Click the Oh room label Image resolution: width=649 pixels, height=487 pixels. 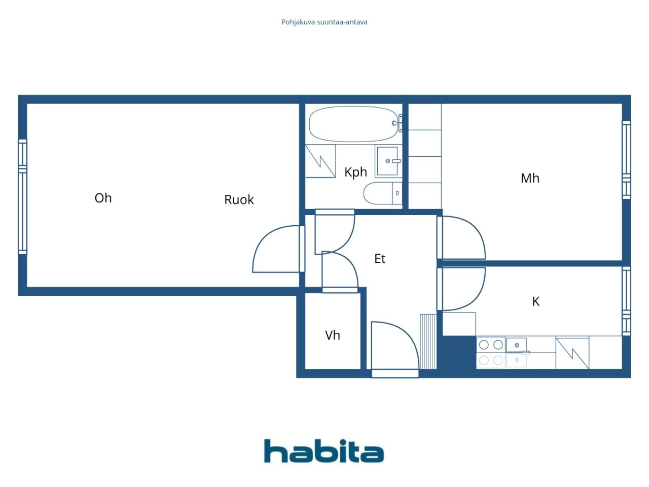click(103, 198)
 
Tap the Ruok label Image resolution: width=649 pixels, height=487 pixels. click(239, 199)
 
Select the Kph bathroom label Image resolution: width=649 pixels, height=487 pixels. click(356, 172)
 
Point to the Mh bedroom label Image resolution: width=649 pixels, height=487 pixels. click(530, 178)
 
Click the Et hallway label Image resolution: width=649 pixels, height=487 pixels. click(380, 258)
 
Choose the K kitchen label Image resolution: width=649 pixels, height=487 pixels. click(536, 301)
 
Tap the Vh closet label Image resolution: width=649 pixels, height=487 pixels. click(333, 335)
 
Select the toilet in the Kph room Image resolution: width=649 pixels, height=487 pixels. click(383, 193)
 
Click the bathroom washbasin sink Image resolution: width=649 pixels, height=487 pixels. click(388, 161)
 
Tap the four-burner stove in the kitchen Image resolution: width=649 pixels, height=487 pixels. click(491, 353)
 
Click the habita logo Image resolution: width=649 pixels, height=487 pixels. click(324, 450)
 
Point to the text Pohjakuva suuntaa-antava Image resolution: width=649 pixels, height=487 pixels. click(324, 22)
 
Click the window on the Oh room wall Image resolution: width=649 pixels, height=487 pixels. click(22, 197)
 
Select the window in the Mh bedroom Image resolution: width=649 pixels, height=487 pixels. click(626, 160)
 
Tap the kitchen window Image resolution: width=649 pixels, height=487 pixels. click(626, 301)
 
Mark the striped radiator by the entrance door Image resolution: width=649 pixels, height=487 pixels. click(428, 341)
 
